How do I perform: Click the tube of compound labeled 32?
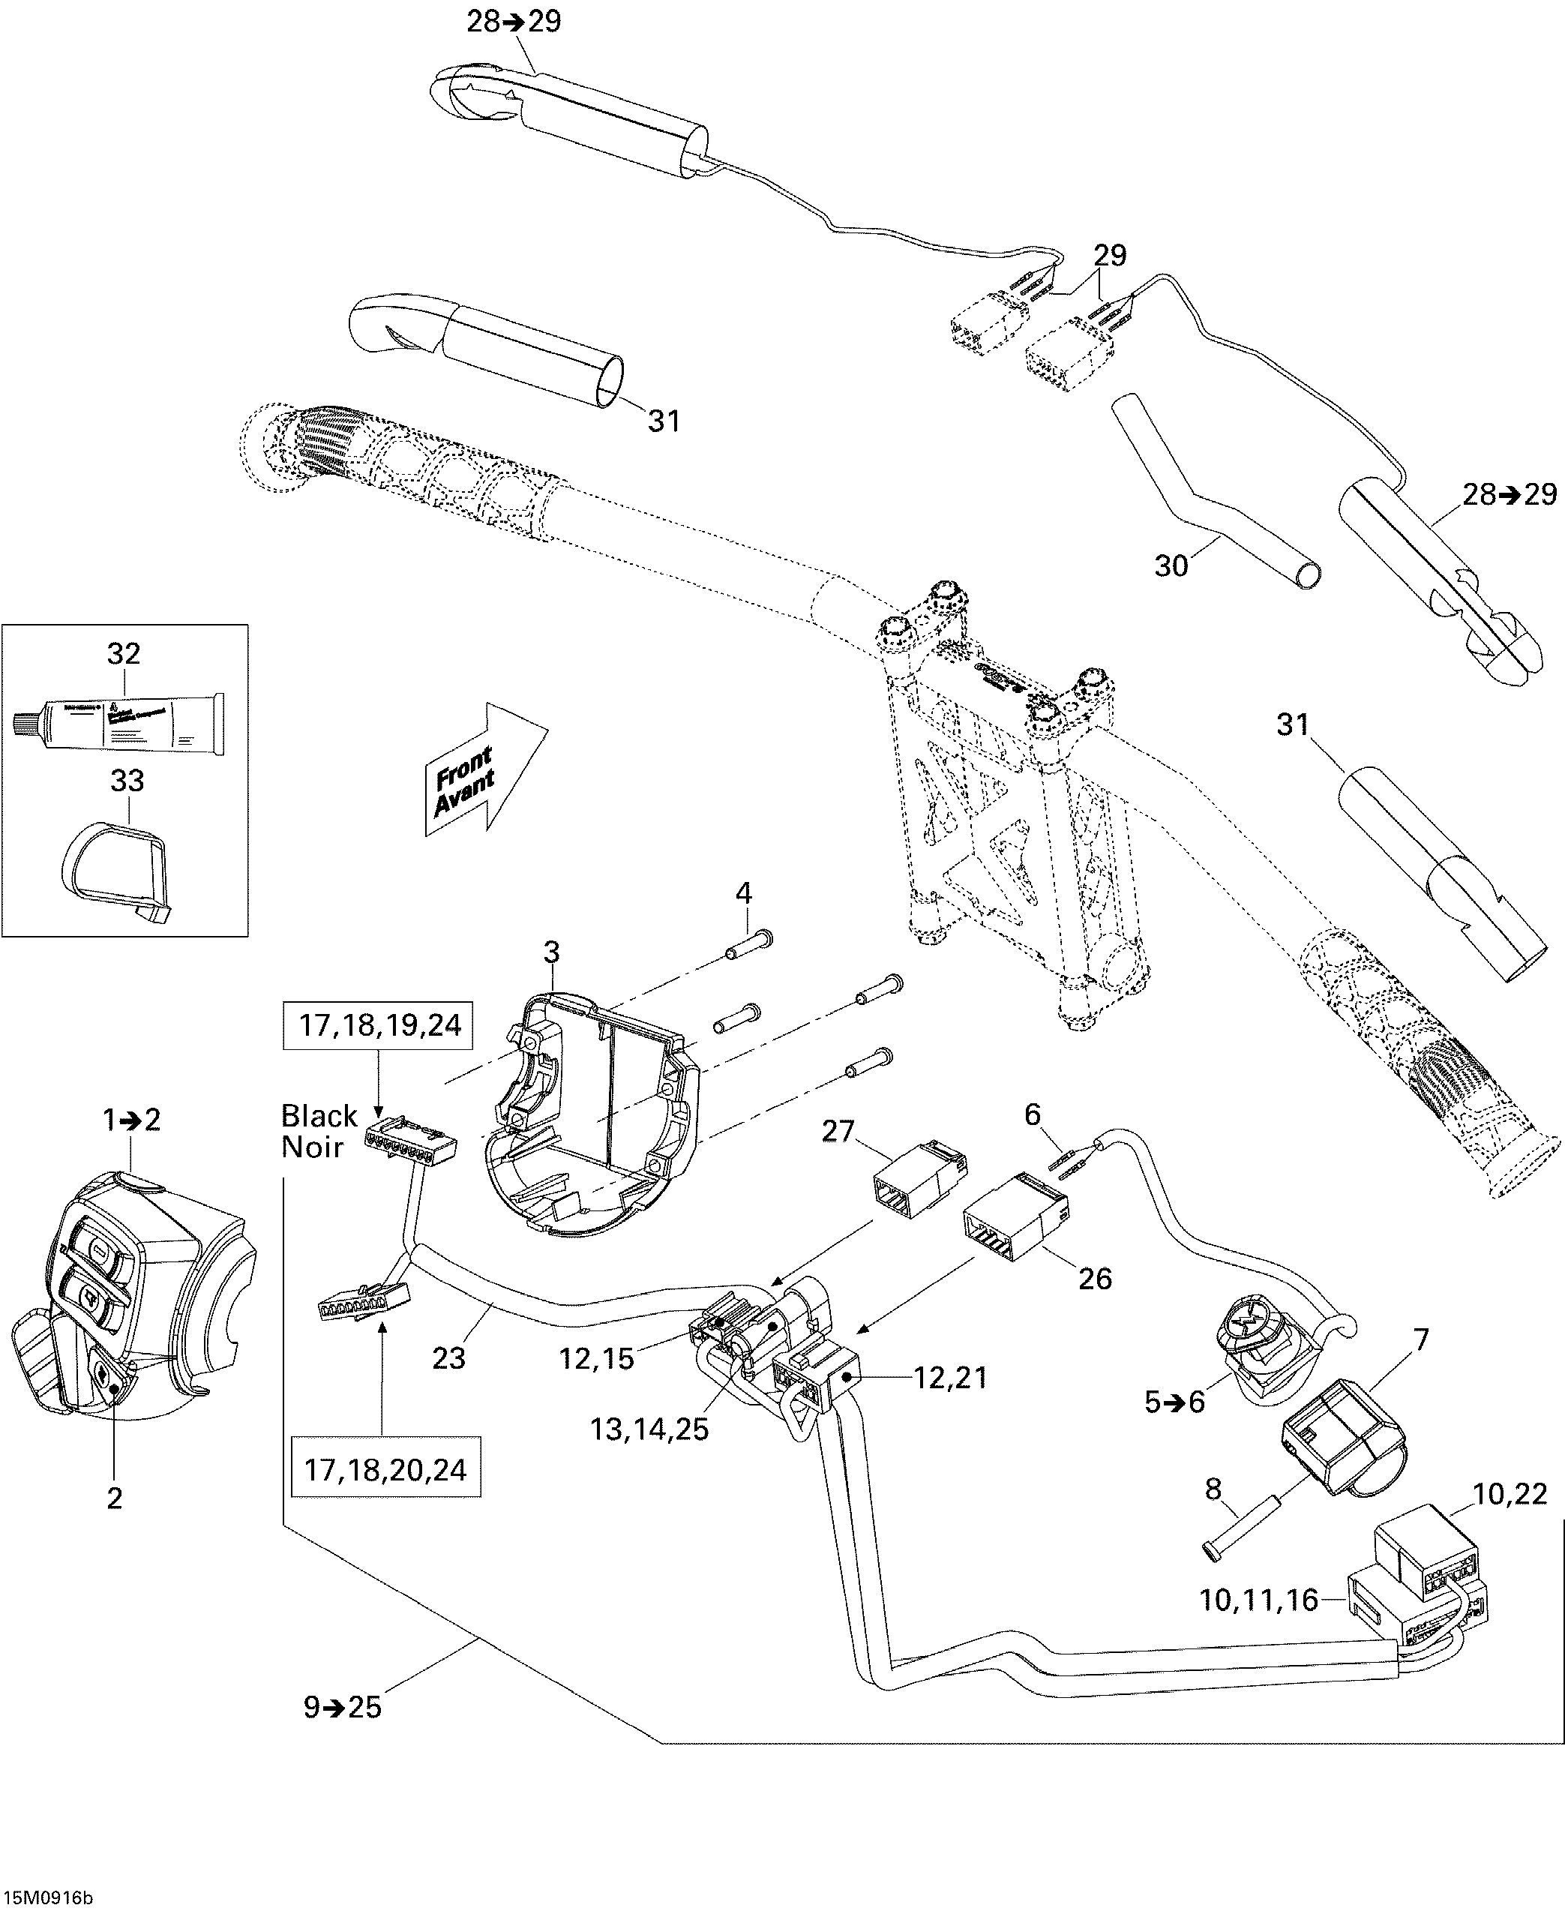(121, 722)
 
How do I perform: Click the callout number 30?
(1171, 566)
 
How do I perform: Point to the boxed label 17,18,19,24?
(379, 1025)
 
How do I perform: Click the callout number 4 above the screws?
(743, 893)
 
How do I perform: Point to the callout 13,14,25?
(649, 1429)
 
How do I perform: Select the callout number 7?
(1421, 1339)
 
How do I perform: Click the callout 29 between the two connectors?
(1110, 255)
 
